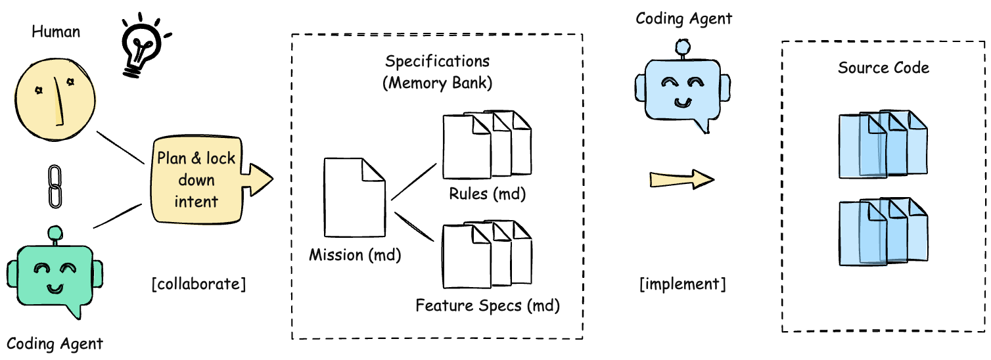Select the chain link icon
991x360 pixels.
point(55,188)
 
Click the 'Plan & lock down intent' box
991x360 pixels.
point(196,180)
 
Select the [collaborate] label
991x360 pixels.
point(198,284)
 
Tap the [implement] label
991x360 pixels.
point(683,284)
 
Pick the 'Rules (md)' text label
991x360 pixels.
point(488,194)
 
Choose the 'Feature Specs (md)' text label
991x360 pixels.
point(487,305)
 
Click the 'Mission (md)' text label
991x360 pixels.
point(355,254)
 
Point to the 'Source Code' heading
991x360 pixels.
point(883,68)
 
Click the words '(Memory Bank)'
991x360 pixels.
point(437,84)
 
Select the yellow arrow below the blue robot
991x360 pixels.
point(681,179)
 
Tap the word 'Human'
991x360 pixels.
point(56,30)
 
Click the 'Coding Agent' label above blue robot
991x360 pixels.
point(683,18)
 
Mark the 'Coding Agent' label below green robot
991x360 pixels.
point(55,343)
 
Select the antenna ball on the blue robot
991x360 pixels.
point(683,46)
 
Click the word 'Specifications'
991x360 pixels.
point(437,62)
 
